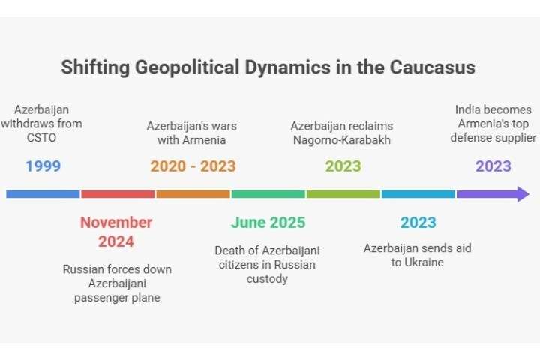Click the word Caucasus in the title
pyautogui.click(x=432, y=67)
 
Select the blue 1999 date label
pyautogui.click(x=43, y=166)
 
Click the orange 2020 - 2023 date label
pyautogui.click(x=193, y=166)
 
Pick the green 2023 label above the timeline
pyautogui.click(x=343, y=166)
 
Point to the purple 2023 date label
pyautogui.click(x=493, y=166)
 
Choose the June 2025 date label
pyautogui.click(x=268, y=223)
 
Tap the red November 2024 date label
pyautogui.click(x=116, y=232)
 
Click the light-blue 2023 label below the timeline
pyautogui.click(x=418, y=223)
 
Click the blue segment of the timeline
pyautogui.click(x=43, y=194)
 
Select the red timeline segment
pyautogui.click(x=118, y=194)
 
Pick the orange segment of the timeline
pyautogui.click(x=193, y=194)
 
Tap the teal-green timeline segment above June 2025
pyautogui.click(x=268, y=194)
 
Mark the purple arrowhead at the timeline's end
pyautogui.click(x=523, y=194)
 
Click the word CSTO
pyautogui.click(x=41, y=138)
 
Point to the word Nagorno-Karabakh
pyautogui.click(x=342, y=140)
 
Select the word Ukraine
pyautogui.click(x=424, y=262)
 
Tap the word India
pyautogui.click(x=466, y=109)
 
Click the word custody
pyautogui.click(x=267, y=279)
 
